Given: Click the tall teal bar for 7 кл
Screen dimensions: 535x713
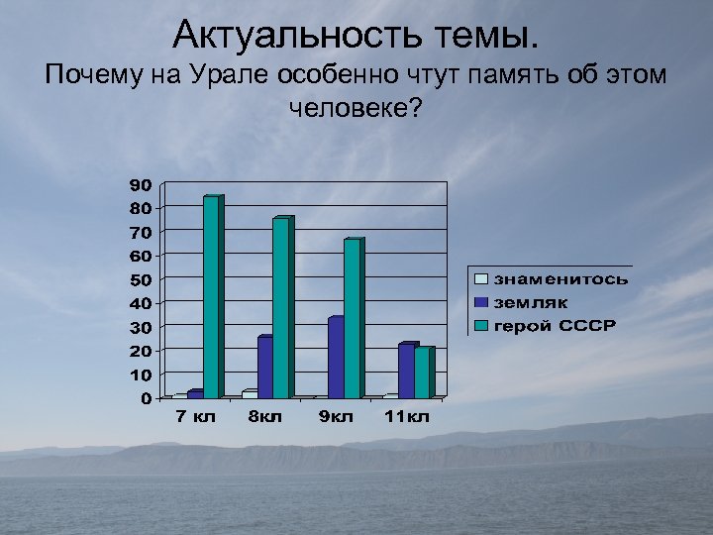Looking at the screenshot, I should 212,297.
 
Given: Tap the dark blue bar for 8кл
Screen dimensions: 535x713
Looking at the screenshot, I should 264,367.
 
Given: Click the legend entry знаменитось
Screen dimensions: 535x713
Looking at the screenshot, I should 560,279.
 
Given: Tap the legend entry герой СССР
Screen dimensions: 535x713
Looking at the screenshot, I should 555,326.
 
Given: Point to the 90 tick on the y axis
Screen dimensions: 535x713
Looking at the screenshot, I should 141,184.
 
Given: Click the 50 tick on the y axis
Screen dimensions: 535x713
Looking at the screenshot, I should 141,279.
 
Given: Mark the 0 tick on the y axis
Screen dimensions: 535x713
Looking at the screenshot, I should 146,398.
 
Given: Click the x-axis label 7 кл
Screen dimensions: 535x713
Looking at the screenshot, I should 195,417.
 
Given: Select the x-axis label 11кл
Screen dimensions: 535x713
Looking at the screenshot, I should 408,417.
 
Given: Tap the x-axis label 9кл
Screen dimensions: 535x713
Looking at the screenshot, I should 336,417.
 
